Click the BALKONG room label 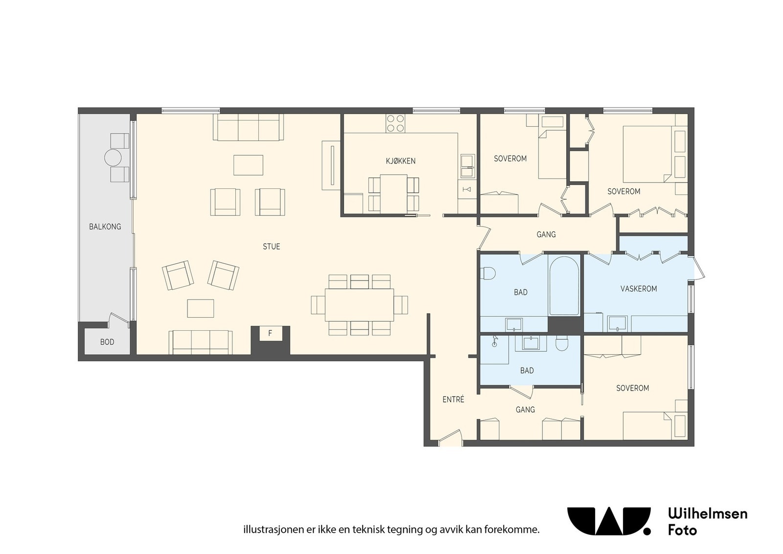(105, 227)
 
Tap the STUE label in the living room (271, 247)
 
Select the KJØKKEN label (401, 161)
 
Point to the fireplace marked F (270, 333)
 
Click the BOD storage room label (107, 342)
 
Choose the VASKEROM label (639, 289)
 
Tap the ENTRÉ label (453, 399)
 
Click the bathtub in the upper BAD (564, 286)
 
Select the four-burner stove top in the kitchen (395, 123)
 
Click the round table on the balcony (113, 158)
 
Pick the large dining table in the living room (359, 305)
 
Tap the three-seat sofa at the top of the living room (248, 127)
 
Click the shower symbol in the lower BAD (494, 341)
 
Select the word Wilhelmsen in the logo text (708, 514)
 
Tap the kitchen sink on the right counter (467, 166)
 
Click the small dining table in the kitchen (393, 194)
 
